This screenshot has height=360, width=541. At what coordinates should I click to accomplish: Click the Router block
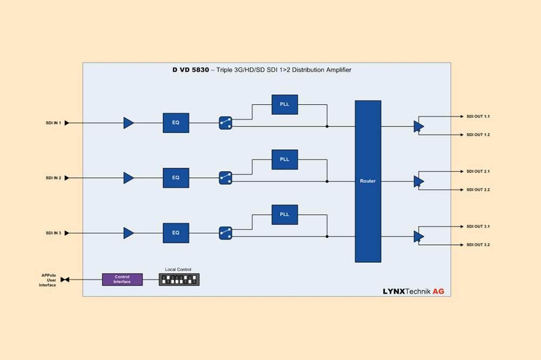pyautogui.click(x=368, y=181)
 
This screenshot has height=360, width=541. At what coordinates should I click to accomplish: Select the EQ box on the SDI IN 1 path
pyautogui.click(x=176, y=123)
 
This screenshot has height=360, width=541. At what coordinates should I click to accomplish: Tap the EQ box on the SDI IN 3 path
pyautogui.click(x=176, y=233)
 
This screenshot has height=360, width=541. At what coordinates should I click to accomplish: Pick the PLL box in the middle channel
pyautogui.click(x=285, y=159)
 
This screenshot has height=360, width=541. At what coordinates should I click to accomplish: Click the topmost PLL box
pyautogui.click(x=285, y=104)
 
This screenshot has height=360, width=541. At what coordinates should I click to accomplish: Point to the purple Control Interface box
pyautogui.click(x=122, y=279)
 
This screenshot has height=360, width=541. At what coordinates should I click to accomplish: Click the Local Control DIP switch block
pyautogui.click(x=179, y=279)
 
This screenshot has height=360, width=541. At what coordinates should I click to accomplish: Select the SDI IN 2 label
pyautogui.click(x=53, y=178)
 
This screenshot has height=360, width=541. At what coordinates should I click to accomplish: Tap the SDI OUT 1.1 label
pyautogui.click(x=478, y=116)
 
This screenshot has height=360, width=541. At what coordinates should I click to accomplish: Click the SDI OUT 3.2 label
pyautogui.click(x=478, y=245)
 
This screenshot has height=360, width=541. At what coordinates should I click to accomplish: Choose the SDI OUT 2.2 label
pyautogui.click(x=478, y=190)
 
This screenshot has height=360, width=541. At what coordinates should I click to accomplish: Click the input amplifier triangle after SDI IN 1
pyautogui.click(x=128, y=123)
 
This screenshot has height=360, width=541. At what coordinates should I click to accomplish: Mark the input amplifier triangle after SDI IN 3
pyautogui.click(x=128, y=233)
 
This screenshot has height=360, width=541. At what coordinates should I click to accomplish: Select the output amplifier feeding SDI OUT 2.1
pyautogui.click(x=419, y=181)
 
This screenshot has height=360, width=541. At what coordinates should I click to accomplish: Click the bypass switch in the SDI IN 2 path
pyautogui.click(x=226, y=178)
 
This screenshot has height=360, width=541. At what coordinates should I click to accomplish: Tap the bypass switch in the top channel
pyautogui.click(x=226, y=123)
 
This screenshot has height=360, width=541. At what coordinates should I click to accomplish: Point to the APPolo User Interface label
pyautogui.click(x=48, y=279)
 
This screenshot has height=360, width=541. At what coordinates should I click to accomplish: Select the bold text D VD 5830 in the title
pyautogui.click(x=187, y=70)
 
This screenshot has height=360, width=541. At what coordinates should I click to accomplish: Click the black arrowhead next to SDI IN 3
pyautogui.click(x=67, y=233)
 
